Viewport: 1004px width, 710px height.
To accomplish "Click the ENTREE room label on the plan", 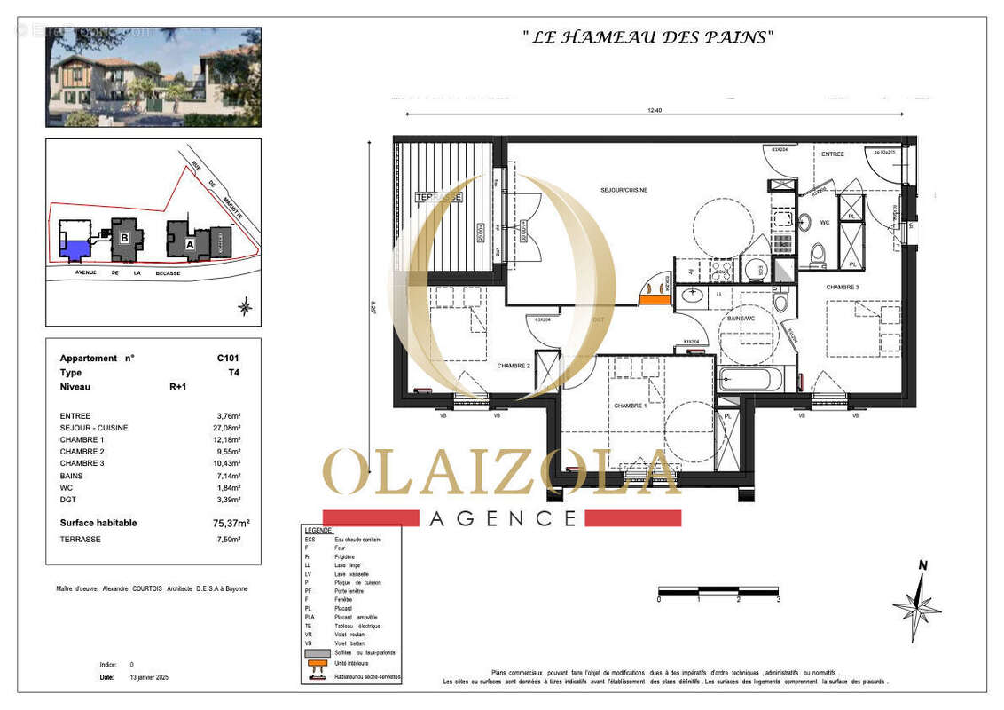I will pos(832,154).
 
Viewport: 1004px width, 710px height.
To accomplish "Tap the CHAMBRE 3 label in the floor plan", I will pos(843,288).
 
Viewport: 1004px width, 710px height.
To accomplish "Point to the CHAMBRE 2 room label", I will pos(513,366).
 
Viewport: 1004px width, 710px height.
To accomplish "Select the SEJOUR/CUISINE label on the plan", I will pos(624,190).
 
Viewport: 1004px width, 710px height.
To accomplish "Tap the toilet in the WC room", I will pos(817,255).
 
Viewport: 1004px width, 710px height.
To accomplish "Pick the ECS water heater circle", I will pos(755,270).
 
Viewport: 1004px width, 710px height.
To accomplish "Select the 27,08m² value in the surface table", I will pos(231,428).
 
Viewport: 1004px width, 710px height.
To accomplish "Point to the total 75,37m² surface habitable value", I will pos(231,524).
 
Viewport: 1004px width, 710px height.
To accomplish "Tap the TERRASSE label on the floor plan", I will pos(438,197).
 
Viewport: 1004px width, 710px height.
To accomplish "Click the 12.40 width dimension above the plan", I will pos(655,111).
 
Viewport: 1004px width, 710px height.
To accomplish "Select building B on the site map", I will pos(125,238).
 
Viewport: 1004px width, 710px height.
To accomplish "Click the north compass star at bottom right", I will pos(917,607).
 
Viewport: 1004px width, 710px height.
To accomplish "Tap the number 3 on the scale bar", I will pos(779,600).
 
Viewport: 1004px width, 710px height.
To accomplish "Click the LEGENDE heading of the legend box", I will pos(318,530).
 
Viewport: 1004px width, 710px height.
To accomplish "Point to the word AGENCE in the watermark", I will pos(503,518).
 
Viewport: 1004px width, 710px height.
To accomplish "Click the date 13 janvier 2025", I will pos(148,677).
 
